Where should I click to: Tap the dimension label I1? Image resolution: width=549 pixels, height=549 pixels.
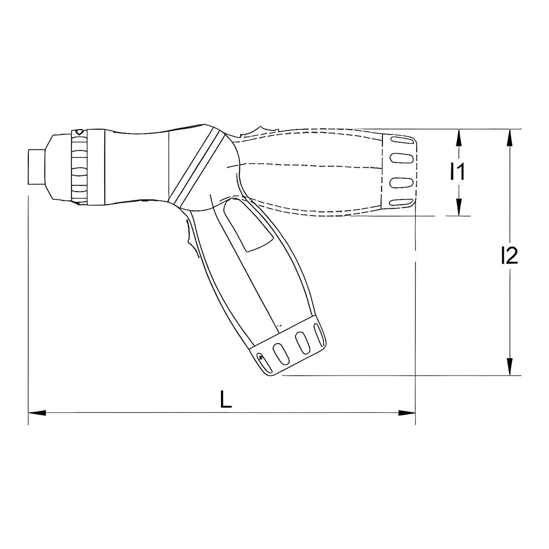click(x=457, y=172)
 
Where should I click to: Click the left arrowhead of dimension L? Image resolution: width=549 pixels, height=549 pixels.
click(x=37, y=412)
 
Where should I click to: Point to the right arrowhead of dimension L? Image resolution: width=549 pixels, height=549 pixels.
click(x=407, y=412)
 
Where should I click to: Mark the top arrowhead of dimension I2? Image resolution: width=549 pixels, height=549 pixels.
click(x=509, y=138)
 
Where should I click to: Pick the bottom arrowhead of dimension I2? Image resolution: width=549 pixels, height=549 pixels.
click(x=509, y=366)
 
